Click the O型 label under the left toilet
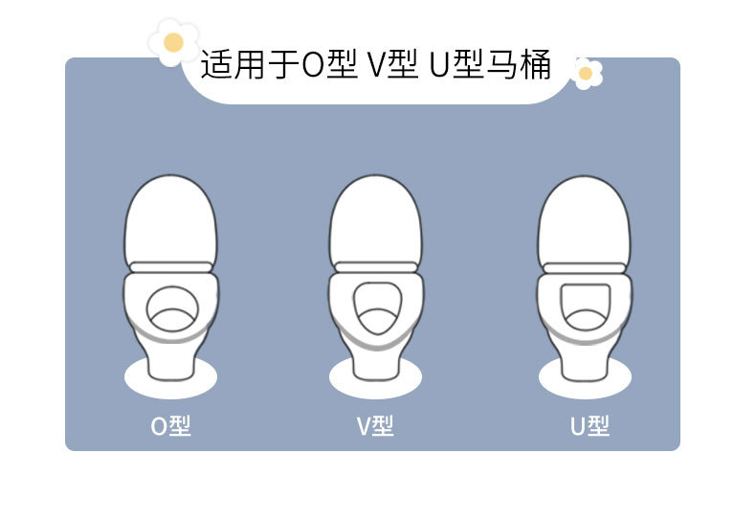coord(171,425)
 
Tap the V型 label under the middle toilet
coord(375,425)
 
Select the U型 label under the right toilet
coord(589,425)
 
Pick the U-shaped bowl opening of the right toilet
coord(584,306)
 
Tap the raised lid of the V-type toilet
coord(375,218)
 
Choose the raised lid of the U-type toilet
coord(583,218)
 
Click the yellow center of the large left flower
coord(173,42)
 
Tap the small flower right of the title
coord(586,73)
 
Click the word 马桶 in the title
coord(523,65)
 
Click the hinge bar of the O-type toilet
coord(170,266)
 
